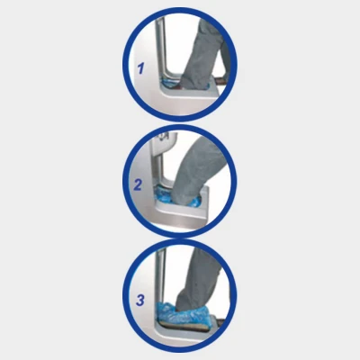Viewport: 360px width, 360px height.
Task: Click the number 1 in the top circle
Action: click(x=140, y=67)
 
